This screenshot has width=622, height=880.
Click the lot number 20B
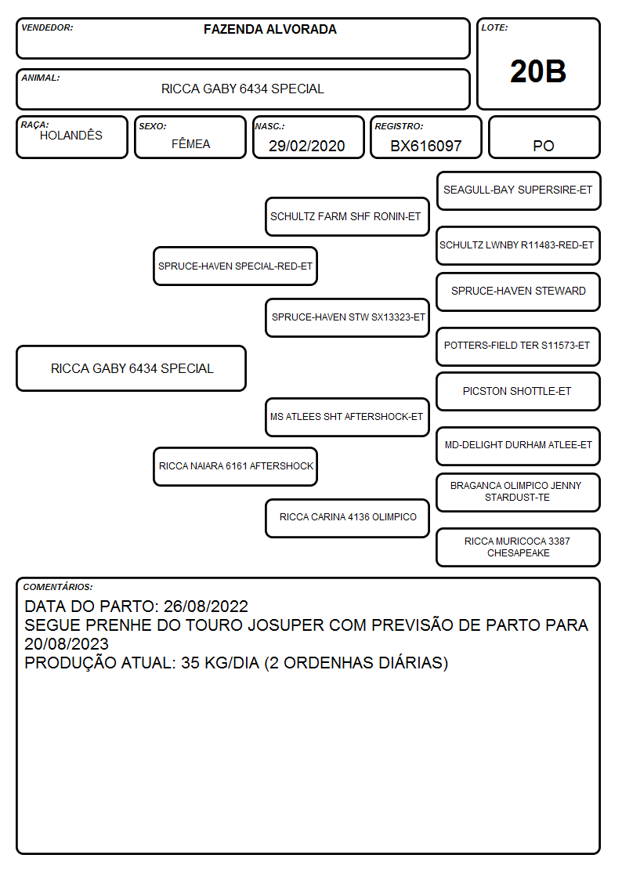(538, 71)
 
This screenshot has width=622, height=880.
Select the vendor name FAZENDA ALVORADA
(269, 29)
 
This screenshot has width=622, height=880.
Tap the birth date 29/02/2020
(307, 146)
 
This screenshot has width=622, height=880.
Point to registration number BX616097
(425, 146)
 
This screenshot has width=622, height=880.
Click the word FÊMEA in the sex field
(190, 143)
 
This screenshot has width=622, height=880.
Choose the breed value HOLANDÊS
(71, 136)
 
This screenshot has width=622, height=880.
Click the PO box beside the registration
(544, 137)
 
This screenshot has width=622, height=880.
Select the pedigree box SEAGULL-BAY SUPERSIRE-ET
(519, 191)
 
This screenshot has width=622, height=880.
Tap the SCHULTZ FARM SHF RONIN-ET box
(347, 216)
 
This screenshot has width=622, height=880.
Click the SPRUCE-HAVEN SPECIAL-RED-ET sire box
(235, 266)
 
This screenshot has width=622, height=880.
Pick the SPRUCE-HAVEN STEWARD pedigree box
(519, 292)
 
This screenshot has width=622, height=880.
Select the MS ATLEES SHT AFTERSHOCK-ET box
(347, 417)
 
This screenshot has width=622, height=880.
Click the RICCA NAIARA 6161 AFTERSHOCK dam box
(235, 466)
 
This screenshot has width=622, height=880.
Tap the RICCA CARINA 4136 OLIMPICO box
(347, 518)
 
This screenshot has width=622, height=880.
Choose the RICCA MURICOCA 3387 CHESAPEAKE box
(519, 547)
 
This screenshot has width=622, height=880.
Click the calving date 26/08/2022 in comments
(206, 606)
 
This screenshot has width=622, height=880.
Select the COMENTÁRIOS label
(58, 587)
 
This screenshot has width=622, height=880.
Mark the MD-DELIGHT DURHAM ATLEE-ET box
(519, 446)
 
